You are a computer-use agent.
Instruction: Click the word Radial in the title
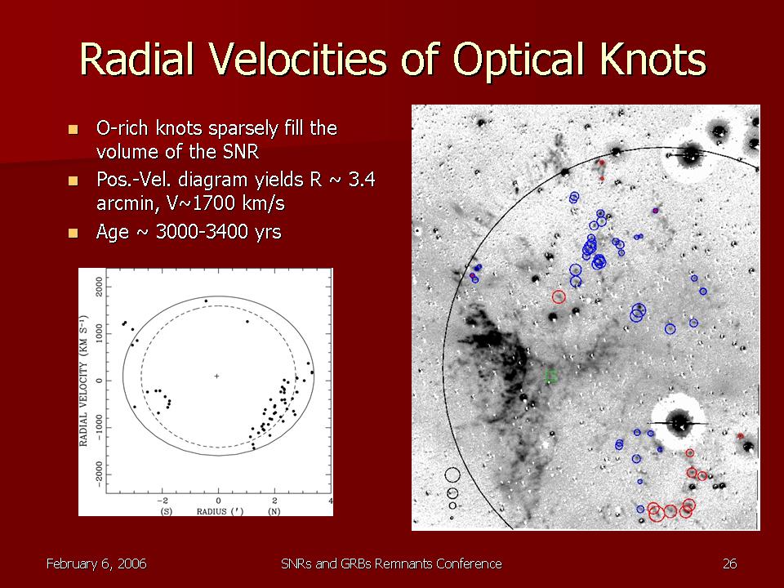(136, 59)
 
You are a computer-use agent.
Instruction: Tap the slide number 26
(729, 564)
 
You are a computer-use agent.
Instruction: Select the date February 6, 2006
(96, 564)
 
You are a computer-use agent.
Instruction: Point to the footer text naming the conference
(391, 564)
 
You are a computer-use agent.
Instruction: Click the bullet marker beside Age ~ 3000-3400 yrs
(73, 233)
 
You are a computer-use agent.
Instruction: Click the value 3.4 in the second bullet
(362, 180)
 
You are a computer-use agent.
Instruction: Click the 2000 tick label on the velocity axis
(100, 287)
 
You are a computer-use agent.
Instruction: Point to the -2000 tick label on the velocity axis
(100, 474)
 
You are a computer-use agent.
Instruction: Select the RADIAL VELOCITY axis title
(84, 381)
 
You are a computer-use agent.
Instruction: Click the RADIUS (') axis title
(220, 511)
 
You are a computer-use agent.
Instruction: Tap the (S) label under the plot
(163, 511)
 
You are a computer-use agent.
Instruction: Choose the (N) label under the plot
(274, 511)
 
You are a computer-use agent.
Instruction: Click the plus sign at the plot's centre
(216, 376)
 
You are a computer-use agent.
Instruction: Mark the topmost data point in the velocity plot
(206, 301)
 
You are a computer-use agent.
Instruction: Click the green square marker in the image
(551, 376)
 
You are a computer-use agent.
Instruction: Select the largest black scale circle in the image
(452, 475)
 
